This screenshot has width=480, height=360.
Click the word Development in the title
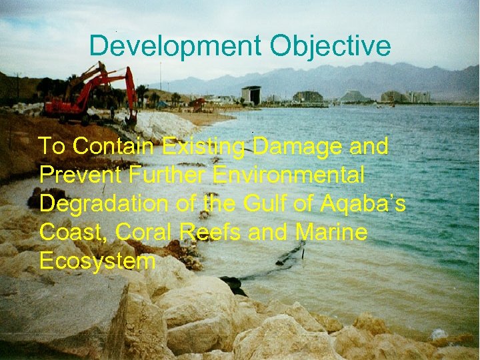pos(175,46)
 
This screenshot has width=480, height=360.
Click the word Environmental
pos(288,175)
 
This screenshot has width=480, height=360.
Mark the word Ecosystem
pos(97,261)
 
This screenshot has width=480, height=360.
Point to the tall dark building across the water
pos(251,95)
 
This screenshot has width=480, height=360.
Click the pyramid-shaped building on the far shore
pos(352,97)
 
